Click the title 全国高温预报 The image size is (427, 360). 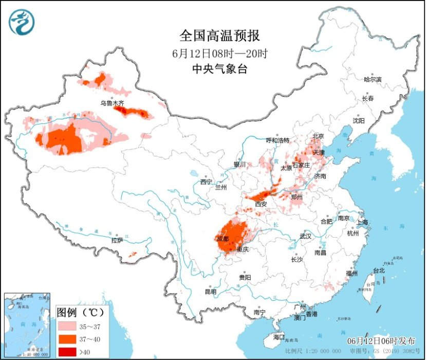(x=220, y=35)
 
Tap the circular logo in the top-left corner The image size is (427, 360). (x=22, y=22)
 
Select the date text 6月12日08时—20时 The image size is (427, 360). (x=220, y=53)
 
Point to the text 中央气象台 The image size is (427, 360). (x=220, y=69)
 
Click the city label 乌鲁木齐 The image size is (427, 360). (x=112, y=103)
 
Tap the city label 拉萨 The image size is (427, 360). (x=117, y=240)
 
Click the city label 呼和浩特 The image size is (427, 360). (x=277, y=140)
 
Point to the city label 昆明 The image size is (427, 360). (x=211, y=292)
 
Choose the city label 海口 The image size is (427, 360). (x=279, y=337)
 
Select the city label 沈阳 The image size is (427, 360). (x=359, y=120)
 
